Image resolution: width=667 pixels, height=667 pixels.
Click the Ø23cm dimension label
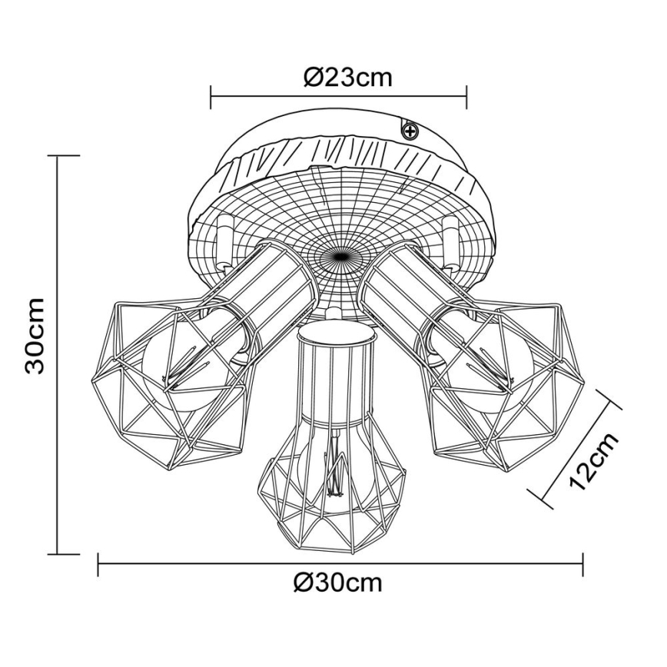coord(347,78)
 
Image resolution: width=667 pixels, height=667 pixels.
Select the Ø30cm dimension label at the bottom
coord(337,583)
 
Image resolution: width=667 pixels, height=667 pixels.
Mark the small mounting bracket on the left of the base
coord(224,242)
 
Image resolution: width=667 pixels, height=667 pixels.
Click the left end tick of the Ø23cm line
coord(211,97)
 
